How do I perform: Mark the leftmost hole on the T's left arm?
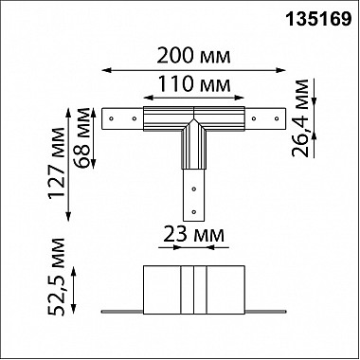tap(112, 119)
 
